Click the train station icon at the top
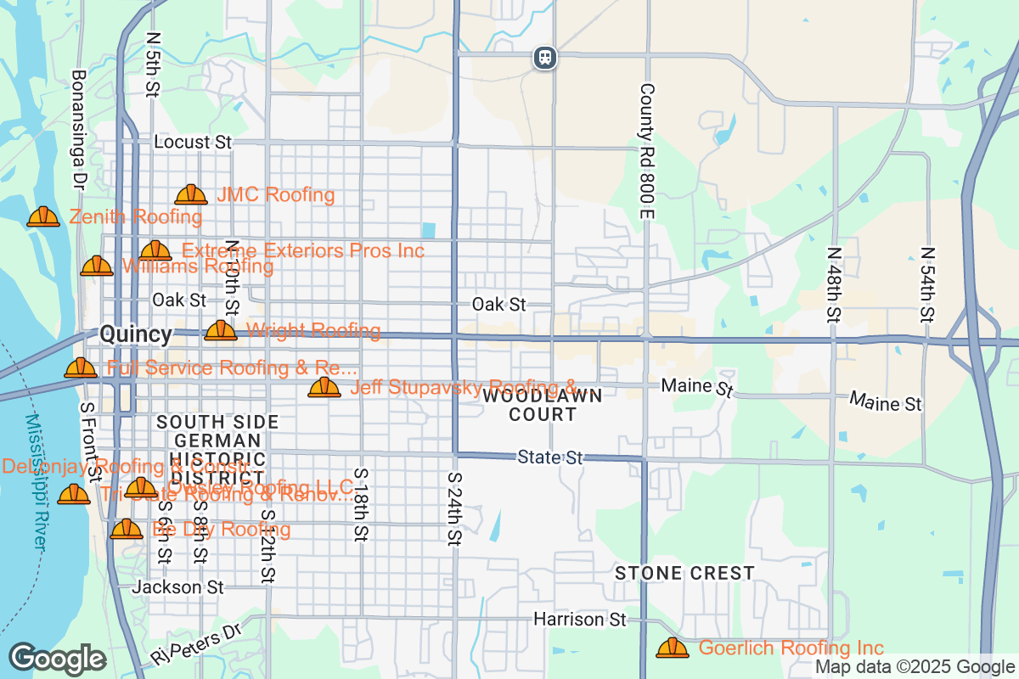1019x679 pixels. click(x=545, y=57)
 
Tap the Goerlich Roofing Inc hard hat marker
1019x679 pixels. click(x=673, y=648)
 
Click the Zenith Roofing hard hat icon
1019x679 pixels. click(x=43, y=217)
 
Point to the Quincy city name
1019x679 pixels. click(x=136, y=334)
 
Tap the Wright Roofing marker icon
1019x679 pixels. click(x=221, y=330)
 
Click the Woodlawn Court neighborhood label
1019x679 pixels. click(x=543, y=405)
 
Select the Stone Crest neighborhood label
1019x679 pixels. click(x=684, y=573)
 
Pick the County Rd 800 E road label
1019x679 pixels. click(x=647, y=153)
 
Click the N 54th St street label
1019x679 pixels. click(x=927, y=284)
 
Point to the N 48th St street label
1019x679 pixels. click(x=834, y=284)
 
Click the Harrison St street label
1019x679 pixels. click(x=579, y=620)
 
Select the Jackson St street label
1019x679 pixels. click(x=178, y=586)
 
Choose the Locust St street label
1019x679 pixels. click(x=193, y=142)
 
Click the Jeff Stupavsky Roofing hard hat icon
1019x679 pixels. click(x=324, y=388)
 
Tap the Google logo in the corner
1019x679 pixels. click(x=58, y=659)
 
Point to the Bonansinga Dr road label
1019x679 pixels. click(x=79, y=129)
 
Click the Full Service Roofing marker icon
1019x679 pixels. click(x=81, y=368)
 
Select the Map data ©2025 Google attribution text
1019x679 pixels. click(x=915, y=667)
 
